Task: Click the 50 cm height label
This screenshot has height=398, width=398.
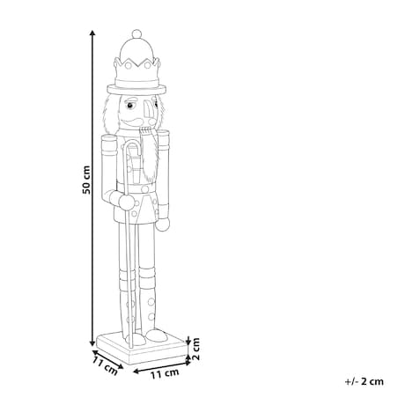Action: [86, 180]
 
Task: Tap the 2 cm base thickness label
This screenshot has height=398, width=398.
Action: [195, 349]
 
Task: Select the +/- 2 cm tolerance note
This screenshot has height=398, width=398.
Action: [365, 381]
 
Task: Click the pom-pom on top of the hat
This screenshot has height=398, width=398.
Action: [136, 34]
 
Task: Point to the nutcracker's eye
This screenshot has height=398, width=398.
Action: [129, 105]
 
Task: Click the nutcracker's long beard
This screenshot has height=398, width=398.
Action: [150, 155]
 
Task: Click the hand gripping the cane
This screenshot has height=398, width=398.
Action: [127, 202]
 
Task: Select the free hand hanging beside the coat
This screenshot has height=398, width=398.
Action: [162, 224]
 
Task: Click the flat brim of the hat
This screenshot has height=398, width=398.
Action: [136, 89]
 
